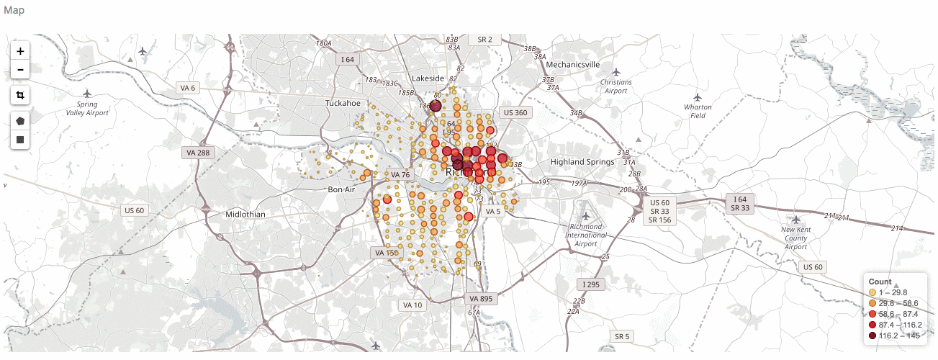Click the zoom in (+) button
click(x=20, y=51)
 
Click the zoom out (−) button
click(x=20, y=70)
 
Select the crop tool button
click(x=20, y=95)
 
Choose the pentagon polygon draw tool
click(x=20, y=121)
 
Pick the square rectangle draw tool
click(x=20, y=139)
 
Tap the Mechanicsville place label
click(x=573, y=64)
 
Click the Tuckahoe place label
click(x=343, y=103)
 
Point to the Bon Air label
click(x=342, y=189)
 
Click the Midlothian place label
click(x=245, y=215)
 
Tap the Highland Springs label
click(x=582, y=162)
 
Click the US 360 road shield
click(x=515, y=112)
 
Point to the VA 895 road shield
click(x=479, y=298)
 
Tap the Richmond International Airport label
click(x=586, y=235)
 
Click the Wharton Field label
click(x=698, y=111)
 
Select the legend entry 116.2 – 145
click(x=896, y=336)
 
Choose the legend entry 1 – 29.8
click(x=893, y=292)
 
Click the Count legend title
click(x=880, y=282)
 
